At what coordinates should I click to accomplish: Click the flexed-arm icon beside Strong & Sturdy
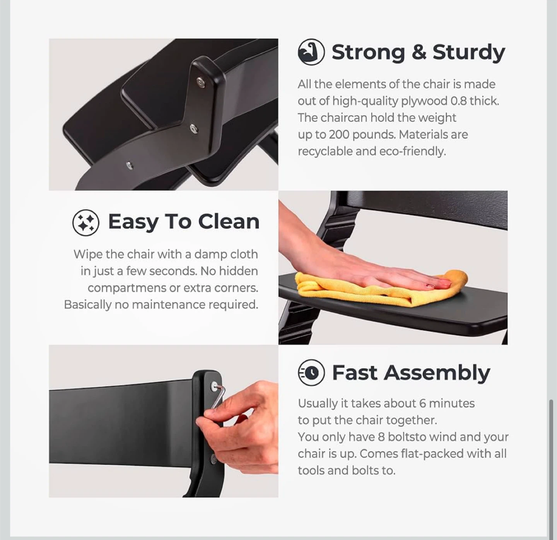click(311, 52)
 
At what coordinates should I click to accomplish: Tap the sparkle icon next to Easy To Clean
click(86, 222)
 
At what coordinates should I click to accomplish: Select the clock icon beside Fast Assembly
click(311, 373)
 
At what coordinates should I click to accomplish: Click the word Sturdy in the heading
click(469, 53)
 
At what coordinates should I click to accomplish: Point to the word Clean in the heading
click(229, 222)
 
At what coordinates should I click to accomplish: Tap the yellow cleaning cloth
click(381, 289)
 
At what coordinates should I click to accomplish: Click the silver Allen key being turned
click(217, 396)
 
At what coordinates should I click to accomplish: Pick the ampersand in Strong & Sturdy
click(419, 52)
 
